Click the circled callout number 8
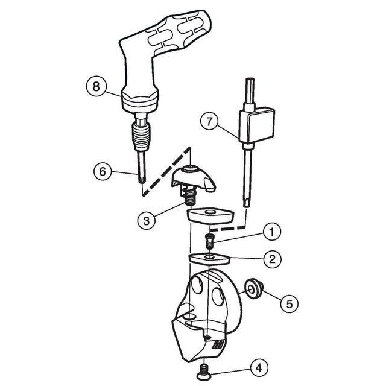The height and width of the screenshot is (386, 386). coord(96,86)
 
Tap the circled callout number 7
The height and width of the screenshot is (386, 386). coord(209,121)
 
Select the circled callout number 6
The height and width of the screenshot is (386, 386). coord(103,171)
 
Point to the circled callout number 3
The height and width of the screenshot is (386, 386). coord(147,220)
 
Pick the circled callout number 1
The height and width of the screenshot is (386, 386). coord(272,232)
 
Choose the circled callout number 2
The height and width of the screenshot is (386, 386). coord(272,259)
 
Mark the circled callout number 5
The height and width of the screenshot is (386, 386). coord(289,304)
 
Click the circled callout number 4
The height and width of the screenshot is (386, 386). coord(259,368)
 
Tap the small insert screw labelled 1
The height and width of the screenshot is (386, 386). coord(209,241)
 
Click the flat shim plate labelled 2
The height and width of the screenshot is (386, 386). coord(209,259)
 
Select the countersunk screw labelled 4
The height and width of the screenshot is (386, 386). coord(204,372)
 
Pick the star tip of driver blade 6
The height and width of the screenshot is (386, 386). coord(142,180)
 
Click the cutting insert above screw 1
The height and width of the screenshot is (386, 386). coord(209,216)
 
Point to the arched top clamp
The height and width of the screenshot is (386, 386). coord(194,179)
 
